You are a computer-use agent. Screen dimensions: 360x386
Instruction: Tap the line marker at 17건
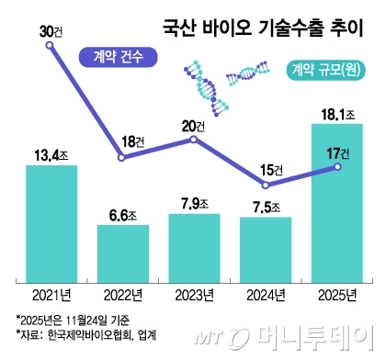[337, 166]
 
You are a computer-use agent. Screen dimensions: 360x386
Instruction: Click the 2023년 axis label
[194, 294]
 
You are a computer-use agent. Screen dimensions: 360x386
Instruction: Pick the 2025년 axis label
[336, 294]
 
